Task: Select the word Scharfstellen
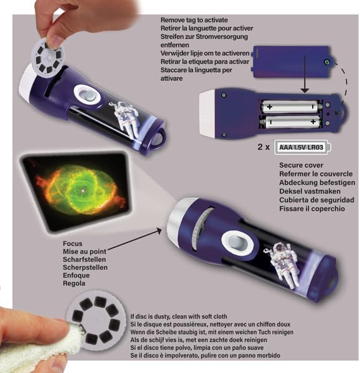point(86,259)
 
